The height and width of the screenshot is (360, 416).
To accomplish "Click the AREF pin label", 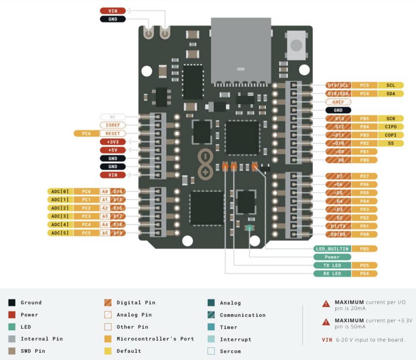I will point(338,102).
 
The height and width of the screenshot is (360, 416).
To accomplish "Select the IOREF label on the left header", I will point(112,125).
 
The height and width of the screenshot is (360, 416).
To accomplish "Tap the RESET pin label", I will point(112,134).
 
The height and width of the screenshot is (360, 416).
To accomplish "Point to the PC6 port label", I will point(87,134).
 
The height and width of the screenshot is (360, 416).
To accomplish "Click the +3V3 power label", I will point(112,142).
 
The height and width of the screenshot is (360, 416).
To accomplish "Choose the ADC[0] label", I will point(60,191).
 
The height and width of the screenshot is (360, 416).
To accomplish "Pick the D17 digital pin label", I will point(118,216).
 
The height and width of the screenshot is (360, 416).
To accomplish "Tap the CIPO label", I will point(391,127).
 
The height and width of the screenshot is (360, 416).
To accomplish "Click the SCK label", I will point(391,118).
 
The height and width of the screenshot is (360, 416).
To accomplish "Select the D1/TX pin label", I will point(338,226).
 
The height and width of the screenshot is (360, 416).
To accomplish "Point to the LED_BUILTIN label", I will point(332,248).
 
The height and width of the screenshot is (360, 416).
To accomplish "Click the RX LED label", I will point(332,273).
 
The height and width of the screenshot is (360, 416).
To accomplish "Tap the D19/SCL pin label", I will point(338,85).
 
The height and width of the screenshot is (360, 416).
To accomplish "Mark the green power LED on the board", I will point(249,228).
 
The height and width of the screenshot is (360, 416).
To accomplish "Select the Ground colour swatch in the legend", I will point(12,302).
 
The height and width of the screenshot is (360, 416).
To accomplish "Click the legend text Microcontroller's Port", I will point(155,339).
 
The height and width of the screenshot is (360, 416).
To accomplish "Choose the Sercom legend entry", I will point(230,351).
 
